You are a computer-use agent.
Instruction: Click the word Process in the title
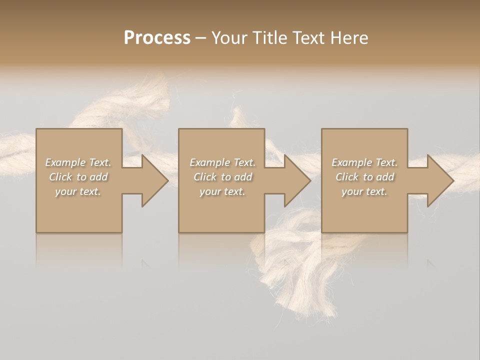[157, 37]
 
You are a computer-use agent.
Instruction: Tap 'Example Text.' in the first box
[78, 162]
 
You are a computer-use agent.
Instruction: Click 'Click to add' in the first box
[78, 177]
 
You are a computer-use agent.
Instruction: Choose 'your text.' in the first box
[78, 191]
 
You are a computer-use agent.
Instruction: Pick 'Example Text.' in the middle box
[222, 162]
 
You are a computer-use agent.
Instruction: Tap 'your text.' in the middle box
[222, 191]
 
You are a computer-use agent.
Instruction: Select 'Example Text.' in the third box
[364, 162]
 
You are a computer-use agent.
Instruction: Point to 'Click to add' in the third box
[365, 177]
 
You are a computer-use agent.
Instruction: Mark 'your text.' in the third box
[364, 191]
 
